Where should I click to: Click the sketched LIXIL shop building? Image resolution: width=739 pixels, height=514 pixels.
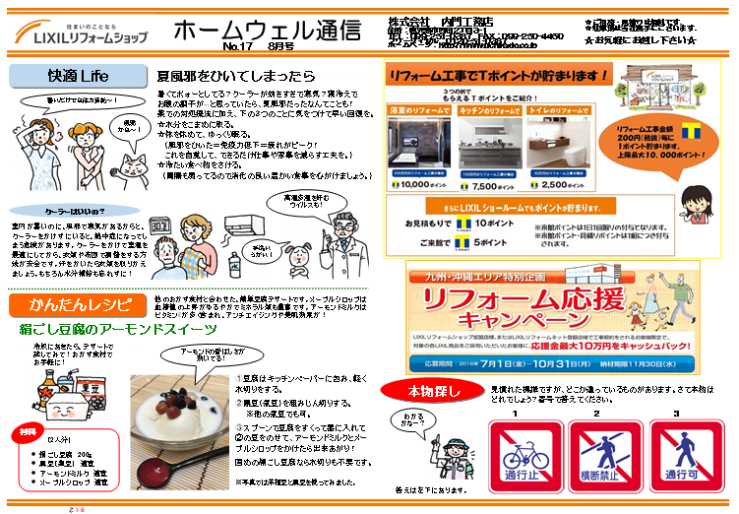coord(655,96)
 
